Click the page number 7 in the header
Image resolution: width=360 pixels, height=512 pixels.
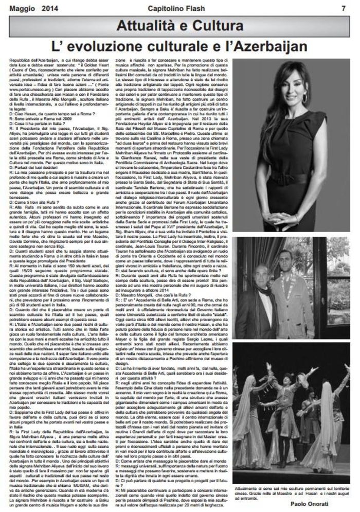[343, 8]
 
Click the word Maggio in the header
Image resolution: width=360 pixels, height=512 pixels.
[19, 8]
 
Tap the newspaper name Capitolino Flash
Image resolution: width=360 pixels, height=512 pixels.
[181, 8]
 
